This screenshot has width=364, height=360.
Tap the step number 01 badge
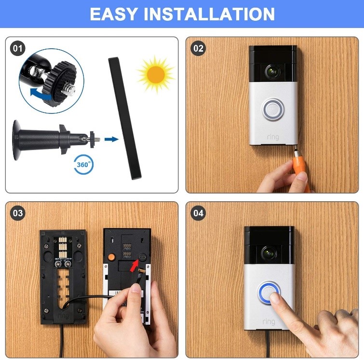click(x=18, y=48)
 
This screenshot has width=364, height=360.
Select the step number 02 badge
click(x=198, y=48)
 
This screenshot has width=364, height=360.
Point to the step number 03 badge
click(x=18, y=213)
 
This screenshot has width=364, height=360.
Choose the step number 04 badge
click(x=198, y=213)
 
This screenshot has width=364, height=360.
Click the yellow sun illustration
click(x=155, y=74)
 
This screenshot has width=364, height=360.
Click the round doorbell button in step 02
click(x=273, y=110)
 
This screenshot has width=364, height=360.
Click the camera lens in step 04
click(x=269, y=252)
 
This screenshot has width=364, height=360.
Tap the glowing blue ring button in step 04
click(x=269, y=292)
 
